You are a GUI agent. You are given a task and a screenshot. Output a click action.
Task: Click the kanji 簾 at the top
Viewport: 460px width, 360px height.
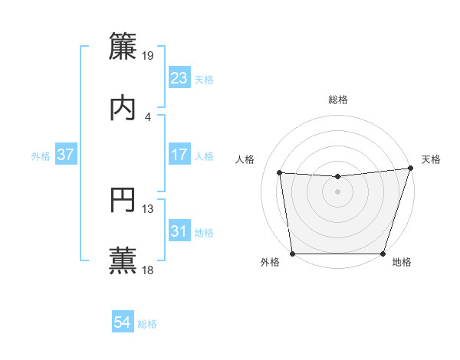(x=123, y=45)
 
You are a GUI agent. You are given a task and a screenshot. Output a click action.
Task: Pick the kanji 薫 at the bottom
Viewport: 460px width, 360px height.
(x=123, y=260)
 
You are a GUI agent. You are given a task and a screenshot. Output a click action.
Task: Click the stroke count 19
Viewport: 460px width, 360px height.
(x=148, y=55)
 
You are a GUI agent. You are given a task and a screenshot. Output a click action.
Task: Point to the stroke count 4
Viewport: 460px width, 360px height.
(x=148, y=116)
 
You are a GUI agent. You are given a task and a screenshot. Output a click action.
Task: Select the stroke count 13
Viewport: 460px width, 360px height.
(x=148, y=208)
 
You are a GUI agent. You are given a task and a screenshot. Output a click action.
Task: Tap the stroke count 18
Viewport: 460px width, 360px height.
(x=148, y=270)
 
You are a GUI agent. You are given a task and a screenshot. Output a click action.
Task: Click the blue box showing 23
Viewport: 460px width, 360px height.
(x=179, y=78)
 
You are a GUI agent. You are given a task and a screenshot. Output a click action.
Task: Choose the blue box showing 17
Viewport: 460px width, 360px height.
(x=179, y=155)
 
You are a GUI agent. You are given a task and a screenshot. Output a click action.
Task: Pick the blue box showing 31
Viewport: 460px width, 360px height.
(x=179, y=231)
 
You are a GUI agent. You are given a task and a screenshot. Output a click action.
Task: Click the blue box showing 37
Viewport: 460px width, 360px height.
(x=66, y=155)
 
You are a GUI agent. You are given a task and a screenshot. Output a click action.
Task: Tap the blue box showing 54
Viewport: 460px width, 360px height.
(x=123, y=323)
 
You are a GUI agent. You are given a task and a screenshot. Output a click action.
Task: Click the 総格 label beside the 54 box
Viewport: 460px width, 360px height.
(x=147, y=325)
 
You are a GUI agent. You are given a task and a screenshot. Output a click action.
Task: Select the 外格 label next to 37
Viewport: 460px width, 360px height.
(x=41, y=156)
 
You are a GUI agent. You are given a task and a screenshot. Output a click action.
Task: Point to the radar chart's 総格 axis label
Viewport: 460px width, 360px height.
(x=338, y=100)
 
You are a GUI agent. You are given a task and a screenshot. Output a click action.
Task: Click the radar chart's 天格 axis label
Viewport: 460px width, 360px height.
(x=431, y=159)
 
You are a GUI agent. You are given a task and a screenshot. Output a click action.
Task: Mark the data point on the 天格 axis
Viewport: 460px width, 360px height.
(x=410, y=169)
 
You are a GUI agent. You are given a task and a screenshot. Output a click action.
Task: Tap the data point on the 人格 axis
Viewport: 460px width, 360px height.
(x=280, y=173)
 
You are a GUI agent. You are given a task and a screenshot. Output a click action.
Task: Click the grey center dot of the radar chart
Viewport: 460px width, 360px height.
(x=338, y=191)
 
